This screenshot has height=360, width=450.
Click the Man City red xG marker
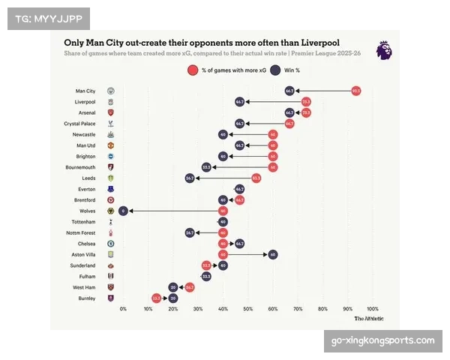click(x=356, y=91)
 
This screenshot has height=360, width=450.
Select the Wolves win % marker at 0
click(x=123, y=211)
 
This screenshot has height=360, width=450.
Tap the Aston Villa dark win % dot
click(x=273, y=255)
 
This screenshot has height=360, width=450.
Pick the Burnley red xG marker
click(x=157, y=298)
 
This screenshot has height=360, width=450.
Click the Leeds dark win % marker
click(x=190, y=178)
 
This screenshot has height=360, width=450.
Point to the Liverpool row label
click(x=85, y=101)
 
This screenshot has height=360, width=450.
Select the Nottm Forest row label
click(x=81, y=233)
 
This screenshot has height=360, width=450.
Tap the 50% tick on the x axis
click(x=248, y=309)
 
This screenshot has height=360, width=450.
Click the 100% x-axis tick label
click(x=373, y=309)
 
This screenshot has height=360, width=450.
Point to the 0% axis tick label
click(x=123, y=309)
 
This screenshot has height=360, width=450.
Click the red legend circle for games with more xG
click(x=193, y=70)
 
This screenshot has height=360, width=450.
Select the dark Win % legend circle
click(x=275, y=70)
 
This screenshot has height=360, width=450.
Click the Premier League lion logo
click(x=384, y=51)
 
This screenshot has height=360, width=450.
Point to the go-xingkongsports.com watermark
click(x=383, y=341)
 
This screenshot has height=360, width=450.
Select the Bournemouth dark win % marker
click(x=207, y=167)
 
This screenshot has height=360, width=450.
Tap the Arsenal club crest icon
click(x=111, y=112)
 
